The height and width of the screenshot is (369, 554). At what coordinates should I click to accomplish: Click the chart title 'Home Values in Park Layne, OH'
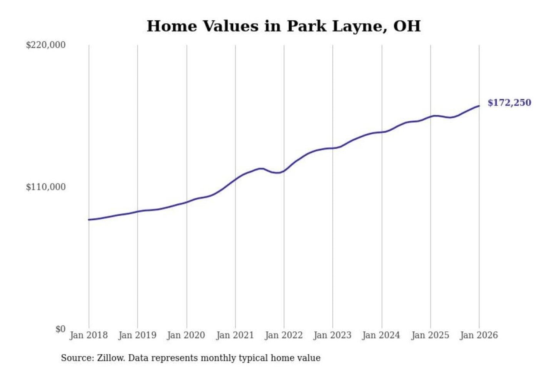coord(284,26)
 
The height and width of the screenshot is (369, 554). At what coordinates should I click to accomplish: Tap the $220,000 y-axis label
coord(46,45)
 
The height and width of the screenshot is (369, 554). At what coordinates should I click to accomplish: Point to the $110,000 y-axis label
coord(46,187)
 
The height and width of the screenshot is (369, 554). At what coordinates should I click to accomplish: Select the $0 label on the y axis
coord(60,329)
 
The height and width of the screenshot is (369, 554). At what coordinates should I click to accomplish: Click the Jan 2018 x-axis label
coord(88,335)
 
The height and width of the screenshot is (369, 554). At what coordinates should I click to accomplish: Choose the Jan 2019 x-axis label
coord(137,335)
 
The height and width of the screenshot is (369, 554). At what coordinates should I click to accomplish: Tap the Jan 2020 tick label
coord(186,335)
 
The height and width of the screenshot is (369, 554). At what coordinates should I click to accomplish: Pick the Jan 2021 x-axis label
coord(235,335)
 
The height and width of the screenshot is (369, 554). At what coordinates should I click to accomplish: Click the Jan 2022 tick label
coord(284,335)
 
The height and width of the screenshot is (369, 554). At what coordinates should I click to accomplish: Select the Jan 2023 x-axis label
coord(333,335)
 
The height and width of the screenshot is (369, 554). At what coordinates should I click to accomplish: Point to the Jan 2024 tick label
coord(381,335)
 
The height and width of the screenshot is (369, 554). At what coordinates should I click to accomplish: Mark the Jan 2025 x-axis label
coord(430,335)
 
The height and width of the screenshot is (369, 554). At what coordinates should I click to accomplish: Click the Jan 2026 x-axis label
coord(479,335)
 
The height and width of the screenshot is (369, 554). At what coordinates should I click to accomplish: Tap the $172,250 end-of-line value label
coord(509,103)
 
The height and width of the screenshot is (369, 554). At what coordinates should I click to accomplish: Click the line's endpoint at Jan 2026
coord(479,106)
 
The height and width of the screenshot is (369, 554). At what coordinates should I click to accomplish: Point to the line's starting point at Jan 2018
coord(89,219)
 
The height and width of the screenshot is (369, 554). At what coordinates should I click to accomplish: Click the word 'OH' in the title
coord(407,26)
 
